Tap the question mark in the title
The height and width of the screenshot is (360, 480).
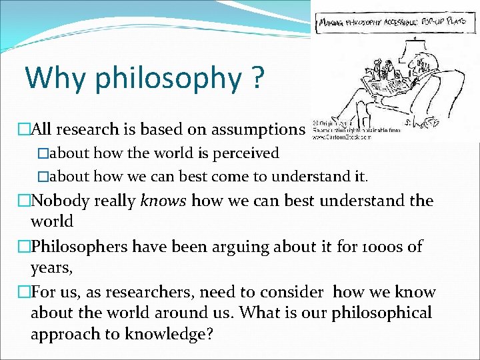tap(257, 78)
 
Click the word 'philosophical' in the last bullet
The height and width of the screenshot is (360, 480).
tap(382, 312)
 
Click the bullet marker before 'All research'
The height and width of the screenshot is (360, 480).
tap(24, 129)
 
